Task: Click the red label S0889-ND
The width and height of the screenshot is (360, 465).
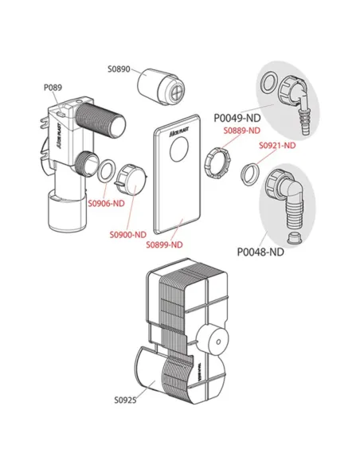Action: tap(241, 130)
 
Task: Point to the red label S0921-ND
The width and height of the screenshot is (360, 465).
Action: tap(277, 146)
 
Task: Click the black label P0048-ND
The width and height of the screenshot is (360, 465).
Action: tap(260, 252)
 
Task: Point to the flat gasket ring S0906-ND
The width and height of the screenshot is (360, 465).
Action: tap(104, 170)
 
